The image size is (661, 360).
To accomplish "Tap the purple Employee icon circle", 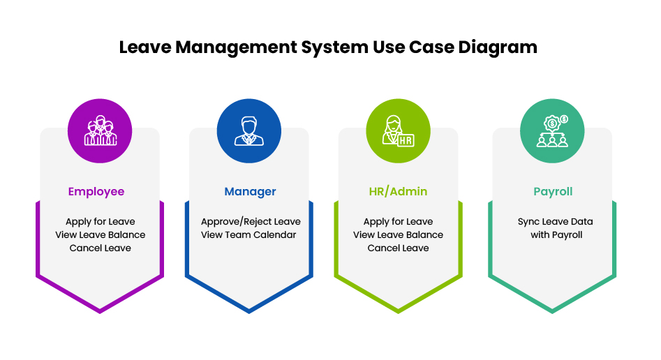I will coord(100,131).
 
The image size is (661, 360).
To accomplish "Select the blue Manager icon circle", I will coord(249,131).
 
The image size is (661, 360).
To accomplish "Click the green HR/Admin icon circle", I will coord(398,131).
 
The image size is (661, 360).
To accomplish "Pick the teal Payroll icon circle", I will coord(552,131).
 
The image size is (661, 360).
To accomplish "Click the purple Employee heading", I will coord(96,191).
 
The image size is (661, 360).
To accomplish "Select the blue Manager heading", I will coord(250,191).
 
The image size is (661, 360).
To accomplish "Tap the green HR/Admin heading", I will coord(398,191).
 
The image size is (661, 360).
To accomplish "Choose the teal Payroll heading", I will coord(553,191).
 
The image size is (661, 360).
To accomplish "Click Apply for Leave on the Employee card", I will coord(101,222).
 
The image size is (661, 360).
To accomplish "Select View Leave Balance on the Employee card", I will coord(101,235).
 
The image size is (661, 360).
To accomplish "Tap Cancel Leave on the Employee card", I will coord(101,248).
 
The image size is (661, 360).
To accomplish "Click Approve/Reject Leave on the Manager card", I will coord(251,222).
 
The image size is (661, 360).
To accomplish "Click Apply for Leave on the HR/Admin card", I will coord(398,222).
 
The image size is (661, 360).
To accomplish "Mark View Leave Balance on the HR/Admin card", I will coord(398,235).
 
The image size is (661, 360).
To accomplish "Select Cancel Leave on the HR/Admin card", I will coord(398,248).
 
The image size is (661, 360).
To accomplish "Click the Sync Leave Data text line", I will coord(555,222).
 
